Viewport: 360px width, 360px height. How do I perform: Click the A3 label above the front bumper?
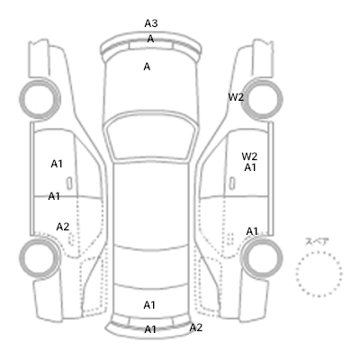151,23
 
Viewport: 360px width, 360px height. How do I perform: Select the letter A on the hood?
147,67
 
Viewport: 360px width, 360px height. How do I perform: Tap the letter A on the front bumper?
150,39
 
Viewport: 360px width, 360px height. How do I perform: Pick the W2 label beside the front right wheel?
236,97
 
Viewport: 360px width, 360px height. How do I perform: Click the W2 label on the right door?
249,157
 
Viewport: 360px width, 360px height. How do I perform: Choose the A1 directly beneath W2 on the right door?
250,167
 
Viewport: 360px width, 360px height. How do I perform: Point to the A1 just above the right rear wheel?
252,231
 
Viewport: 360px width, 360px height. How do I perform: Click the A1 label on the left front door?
57,164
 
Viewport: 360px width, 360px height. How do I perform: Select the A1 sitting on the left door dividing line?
54,196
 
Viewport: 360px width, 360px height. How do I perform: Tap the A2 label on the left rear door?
63,227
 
